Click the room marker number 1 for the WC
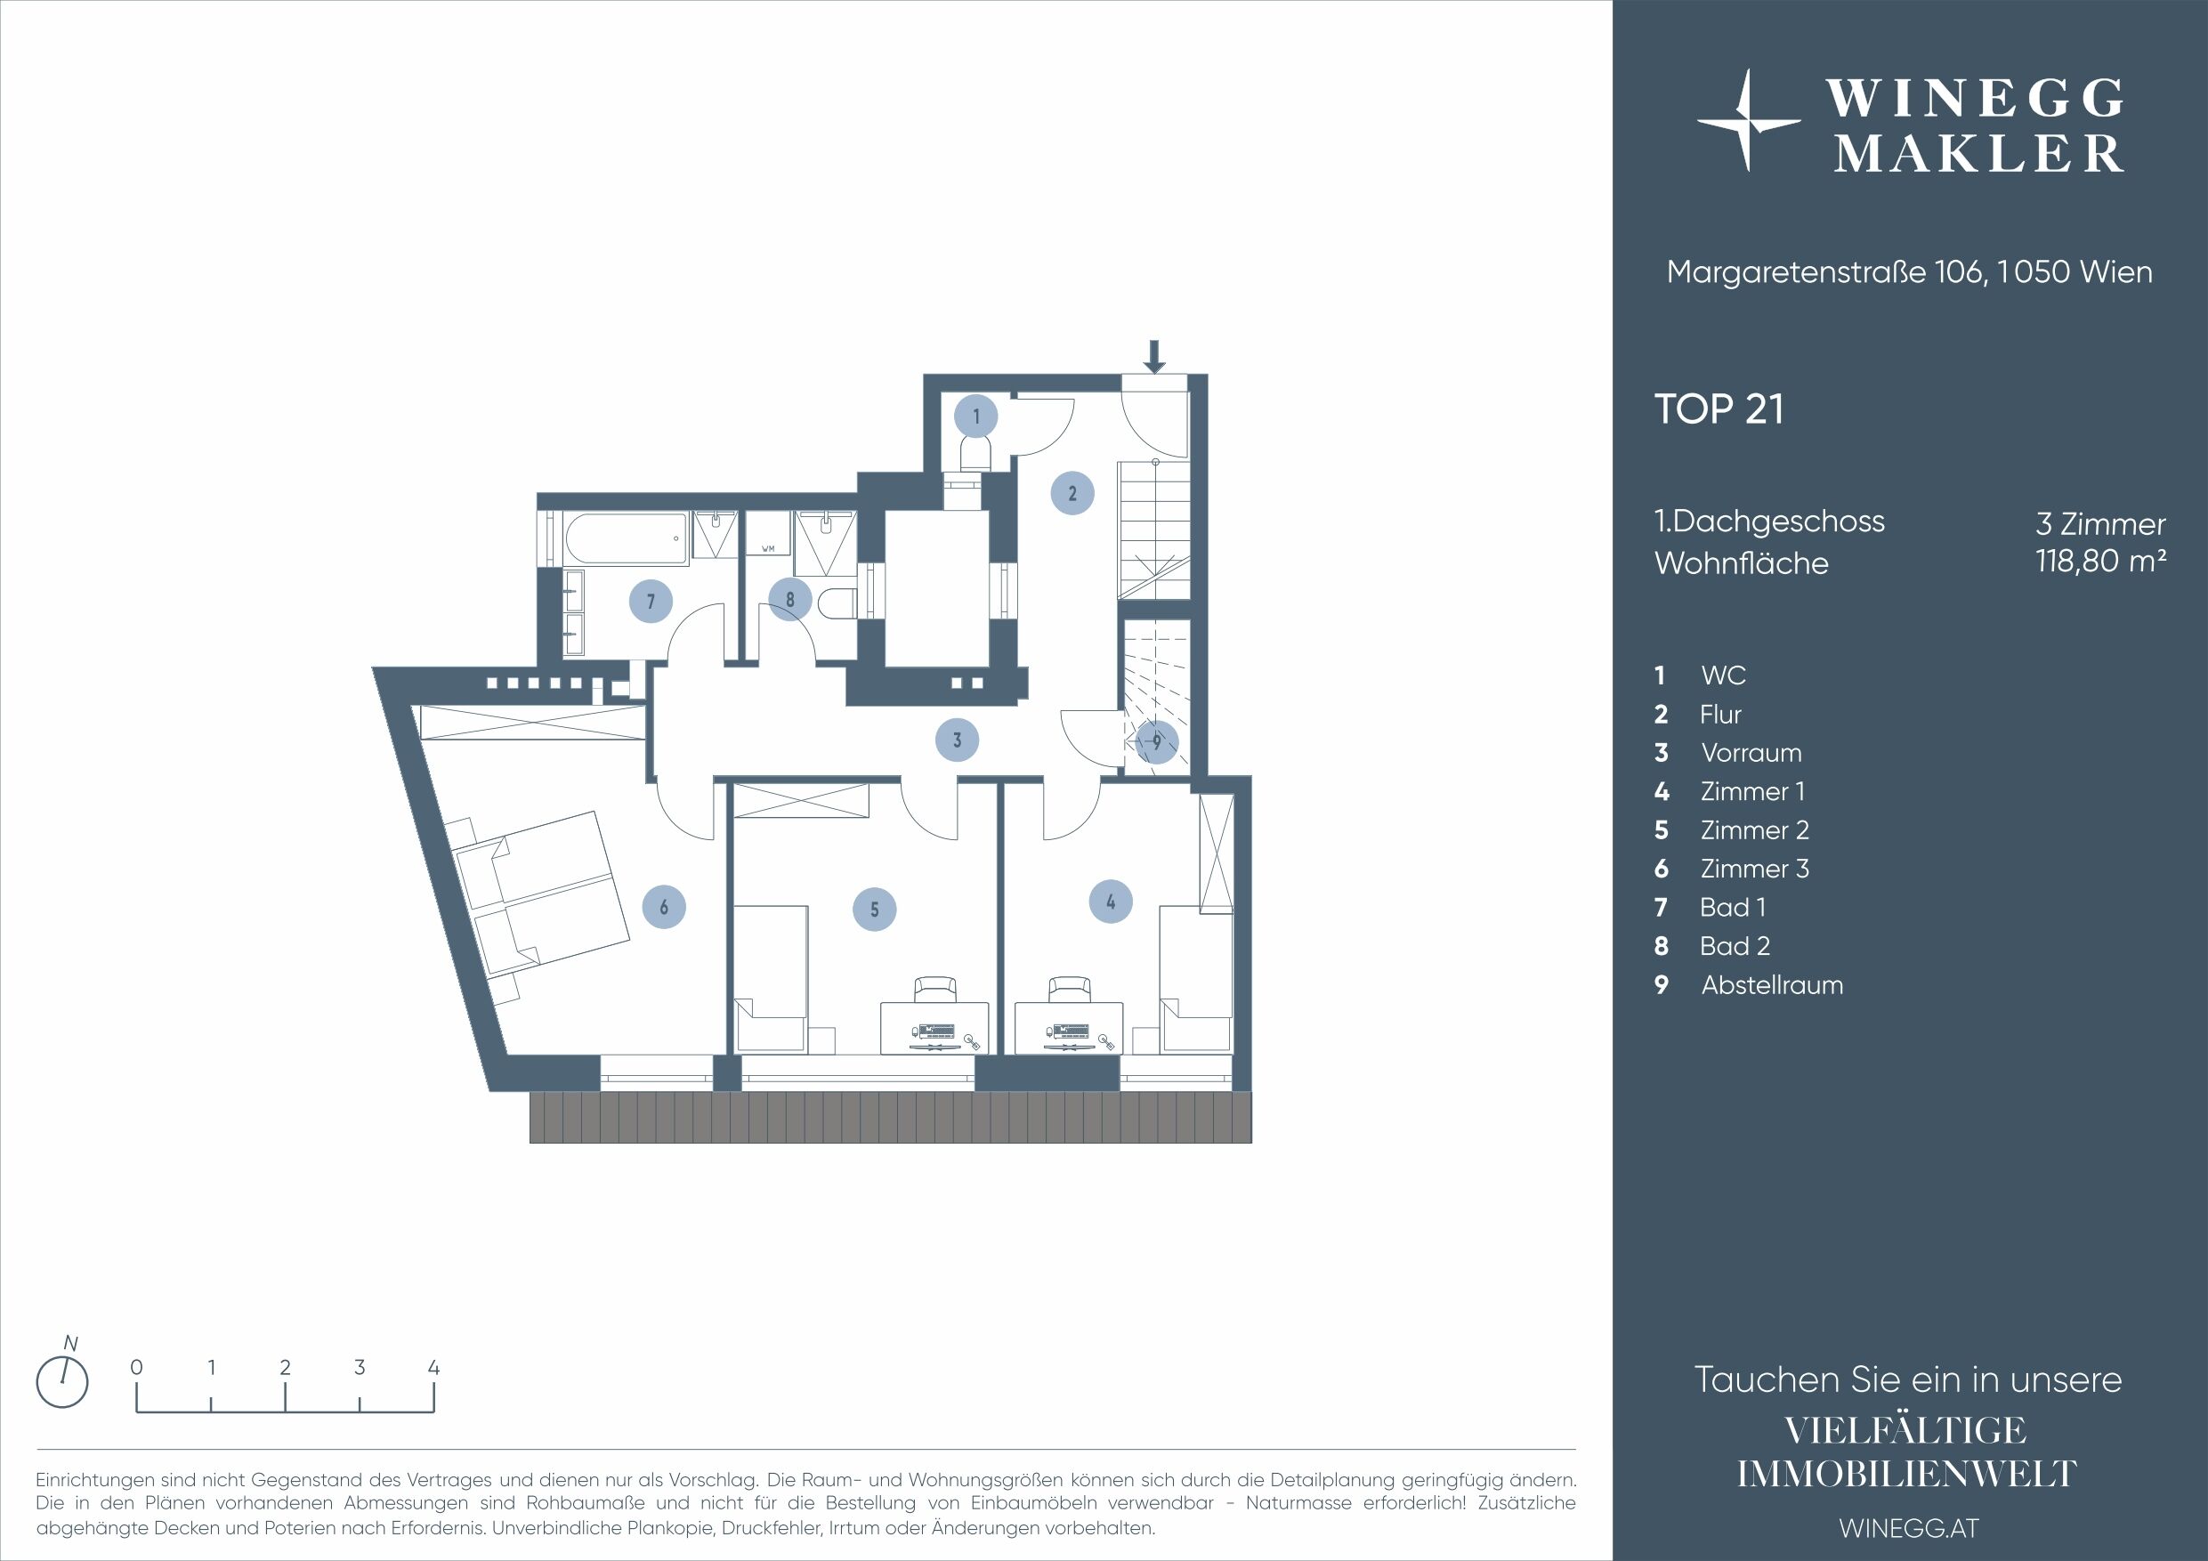[x=976, y=417]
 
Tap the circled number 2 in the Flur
[x=1072, y=493]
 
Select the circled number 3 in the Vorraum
[x=957, y=740]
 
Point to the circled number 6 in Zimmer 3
[x=664, y=907]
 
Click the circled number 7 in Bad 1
[x=651, y=601]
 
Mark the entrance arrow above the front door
[x=1155, y=356]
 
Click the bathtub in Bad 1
[x=626, y=538]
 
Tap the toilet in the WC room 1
[x=975, y=454]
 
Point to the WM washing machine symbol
[x=768, y=534]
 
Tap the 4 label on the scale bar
[x=433, y=1367]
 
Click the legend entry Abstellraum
[x=1772, y=985]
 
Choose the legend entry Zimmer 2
[x=1755, y=830]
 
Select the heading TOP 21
[x=1719, y=408]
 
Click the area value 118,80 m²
[x=2101, y=561]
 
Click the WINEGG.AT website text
[x=1909, y=1528]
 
